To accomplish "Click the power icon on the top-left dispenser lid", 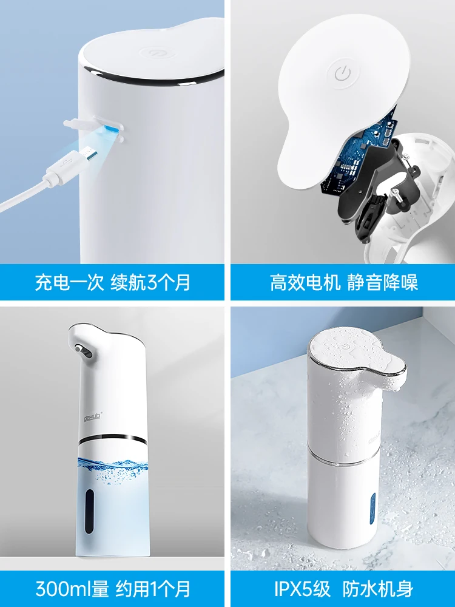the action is click(155, 53).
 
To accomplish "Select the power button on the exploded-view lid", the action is click(343, 73).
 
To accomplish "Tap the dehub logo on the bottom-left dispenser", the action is click(93, 416).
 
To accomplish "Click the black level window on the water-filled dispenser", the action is click(89, 511).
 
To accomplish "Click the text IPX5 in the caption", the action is click(295, 589).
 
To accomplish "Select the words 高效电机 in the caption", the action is click(305, 282).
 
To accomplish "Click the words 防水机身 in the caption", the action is click(378, 589).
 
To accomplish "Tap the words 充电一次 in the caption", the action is click(70, 282).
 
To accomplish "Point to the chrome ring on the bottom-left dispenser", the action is click(112, 439).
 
